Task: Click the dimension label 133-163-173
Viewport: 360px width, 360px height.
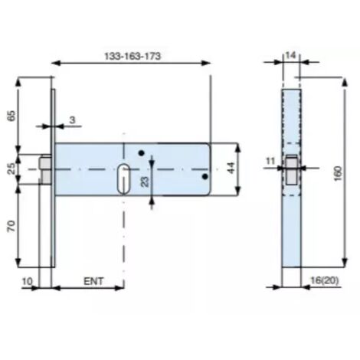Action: pos(133,56)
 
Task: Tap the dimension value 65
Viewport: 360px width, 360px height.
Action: pos(11,116)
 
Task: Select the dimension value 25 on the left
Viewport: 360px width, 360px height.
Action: pos(11,169)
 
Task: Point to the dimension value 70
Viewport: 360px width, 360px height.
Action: pos(11,226)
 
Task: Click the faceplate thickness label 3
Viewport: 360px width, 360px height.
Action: pos(73,119)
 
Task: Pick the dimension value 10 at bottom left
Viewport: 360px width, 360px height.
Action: pos(28,281)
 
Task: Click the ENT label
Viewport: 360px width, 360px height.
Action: pos(93,281)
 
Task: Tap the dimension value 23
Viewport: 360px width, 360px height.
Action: pos(145,182)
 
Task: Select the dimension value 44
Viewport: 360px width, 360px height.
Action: pos(231,168)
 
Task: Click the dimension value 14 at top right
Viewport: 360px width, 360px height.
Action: pos(290,55)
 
